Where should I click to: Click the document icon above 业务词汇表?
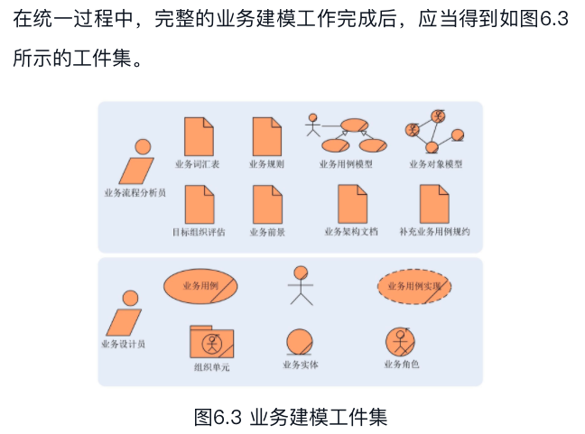click(199, 136)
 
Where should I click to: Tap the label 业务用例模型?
click(346, 164)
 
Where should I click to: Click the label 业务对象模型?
click(436, 164)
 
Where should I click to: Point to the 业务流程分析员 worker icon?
click(137, 163)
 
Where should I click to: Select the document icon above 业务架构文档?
click(352, 204)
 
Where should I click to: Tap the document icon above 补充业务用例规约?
click(434, 204)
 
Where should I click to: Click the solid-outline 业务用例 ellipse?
click(200, 286)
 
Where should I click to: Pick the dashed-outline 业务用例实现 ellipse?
click(413, 286)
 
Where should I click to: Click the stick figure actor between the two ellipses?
click(300, 285)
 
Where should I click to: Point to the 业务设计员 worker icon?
click(125, 314)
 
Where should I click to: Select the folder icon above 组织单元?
click(211, 341)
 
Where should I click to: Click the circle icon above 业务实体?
click(300, 342)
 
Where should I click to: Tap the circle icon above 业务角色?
click(401, 342)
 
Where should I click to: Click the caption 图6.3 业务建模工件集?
click(291, 418)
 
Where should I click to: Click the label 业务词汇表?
click(197, 164)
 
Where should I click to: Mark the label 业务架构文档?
click(351, 232)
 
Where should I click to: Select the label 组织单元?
click(211, 367)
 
